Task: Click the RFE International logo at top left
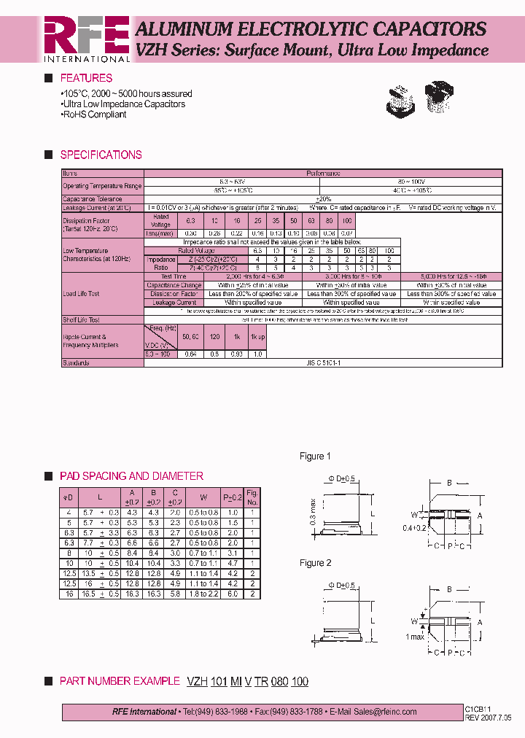86,39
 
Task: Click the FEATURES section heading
86,78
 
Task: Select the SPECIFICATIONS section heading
101,155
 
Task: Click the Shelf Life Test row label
81,319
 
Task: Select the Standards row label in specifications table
76,362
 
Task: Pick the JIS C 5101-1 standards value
320,362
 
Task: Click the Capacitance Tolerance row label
92,198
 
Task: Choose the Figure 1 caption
315,457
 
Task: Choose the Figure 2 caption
315,563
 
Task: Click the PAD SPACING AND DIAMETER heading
131,476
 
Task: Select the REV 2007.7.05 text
488,717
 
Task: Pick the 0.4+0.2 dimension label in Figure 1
414,528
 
